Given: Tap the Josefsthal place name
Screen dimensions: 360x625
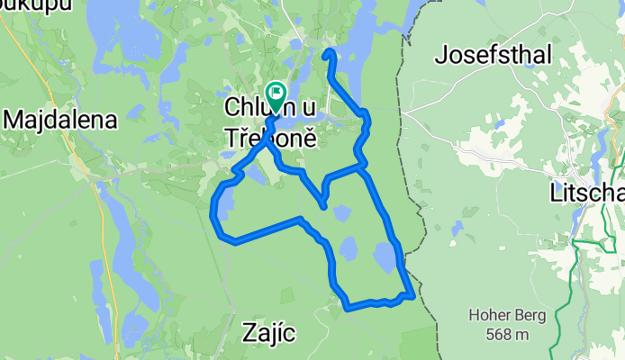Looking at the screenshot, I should pyautogui.click(x=493, y=55).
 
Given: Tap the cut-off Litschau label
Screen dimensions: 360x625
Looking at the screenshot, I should pyautogui.click(x=588, y=193).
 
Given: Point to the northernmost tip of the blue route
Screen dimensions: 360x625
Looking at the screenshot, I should pyautogui.click(x=329, y=52).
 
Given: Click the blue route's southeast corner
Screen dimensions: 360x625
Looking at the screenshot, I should pyautogui.click(x=412, y=294).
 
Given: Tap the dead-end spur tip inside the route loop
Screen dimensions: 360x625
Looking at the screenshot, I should pyautogui.click(x=323, y=207).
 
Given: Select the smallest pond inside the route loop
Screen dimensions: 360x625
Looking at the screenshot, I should pyautogui.click(x=341, y=213).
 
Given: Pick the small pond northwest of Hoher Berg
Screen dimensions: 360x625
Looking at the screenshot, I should pyautogui.click(x=458, y=229).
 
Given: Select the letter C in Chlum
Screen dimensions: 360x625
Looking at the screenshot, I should pyautogui.click(x=231, y=108).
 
